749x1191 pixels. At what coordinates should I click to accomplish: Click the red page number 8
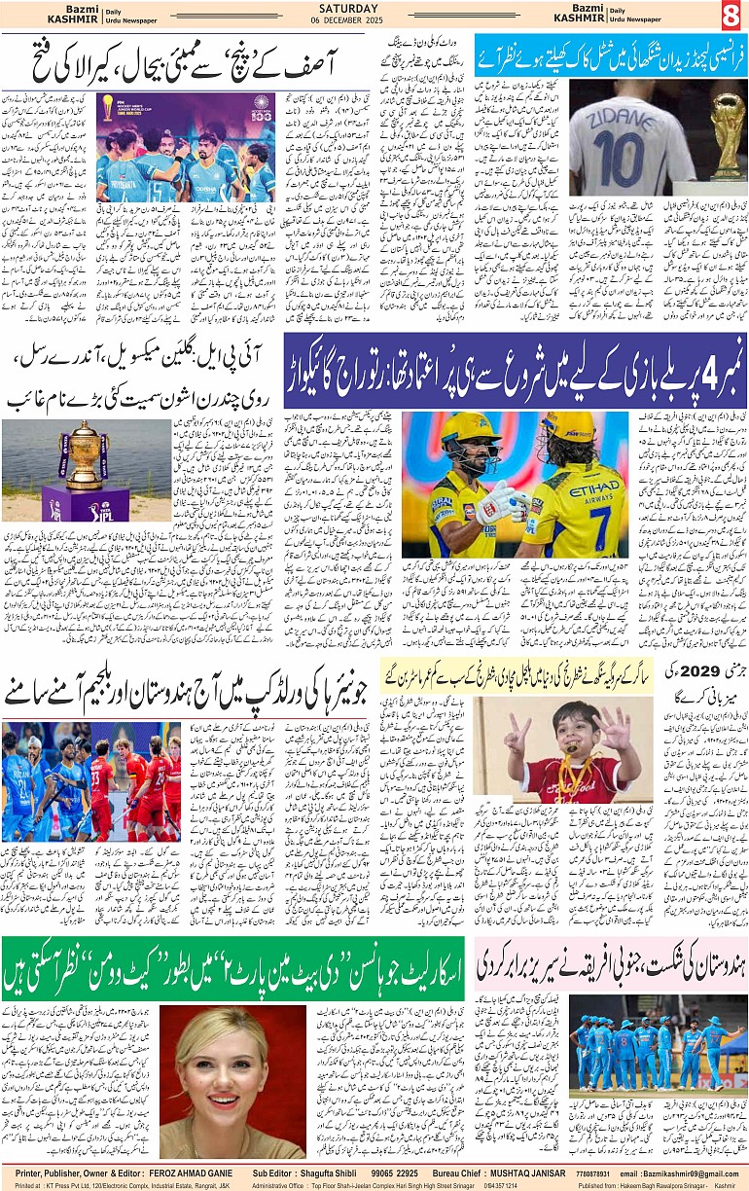[731, 17]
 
